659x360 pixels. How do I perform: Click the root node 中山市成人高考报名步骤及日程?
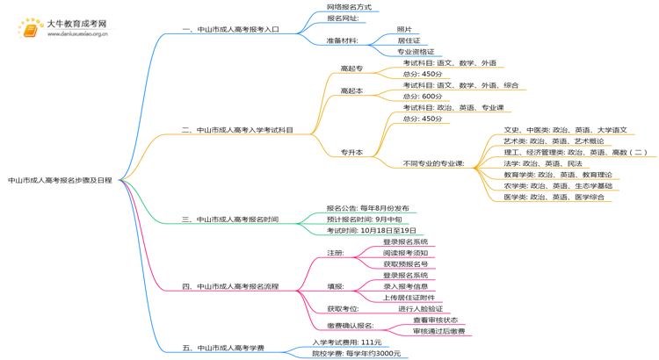coord(60,180)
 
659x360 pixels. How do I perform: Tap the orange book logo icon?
coord(30,29)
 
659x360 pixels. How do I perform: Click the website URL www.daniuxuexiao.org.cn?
coord(77,35)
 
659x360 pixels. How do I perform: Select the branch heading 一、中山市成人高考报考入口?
coord(230,29)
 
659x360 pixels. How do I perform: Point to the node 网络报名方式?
coord(349,7)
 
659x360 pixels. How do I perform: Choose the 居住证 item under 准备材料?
coord(409,40)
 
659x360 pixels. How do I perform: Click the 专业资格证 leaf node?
coord(416,52)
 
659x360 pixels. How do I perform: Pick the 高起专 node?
coord(351,68)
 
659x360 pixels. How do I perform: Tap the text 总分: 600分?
coord(423,97)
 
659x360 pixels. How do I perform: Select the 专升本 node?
coord(351,152)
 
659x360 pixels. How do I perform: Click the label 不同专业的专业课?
coord(433,163)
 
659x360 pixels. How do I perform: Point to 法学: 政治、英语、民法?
coord(542,163)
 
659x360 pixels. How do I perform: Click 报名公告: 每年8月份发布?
coord(367,208)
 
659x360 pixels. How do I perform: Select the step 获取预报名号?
coord(406,263)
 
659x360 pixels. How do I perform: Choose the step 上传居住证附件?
coord(409,298)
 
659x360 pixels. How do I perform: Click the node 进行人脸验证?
coord(420,309)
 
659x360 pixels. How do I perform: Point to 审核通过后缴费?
coord(438,331)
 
